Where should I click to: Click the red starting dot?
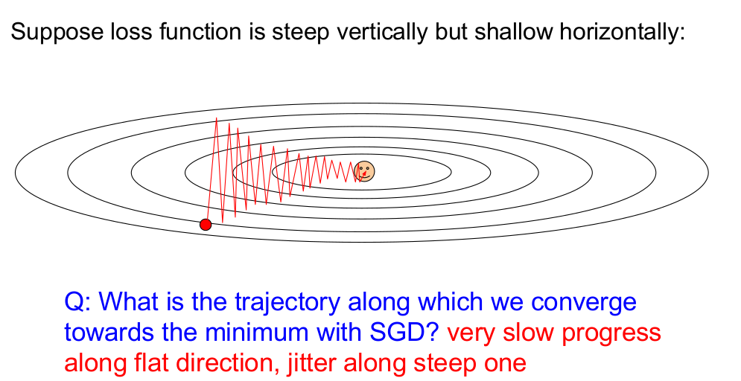point(206,225)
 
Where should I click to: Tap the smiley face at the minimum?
point(364,171)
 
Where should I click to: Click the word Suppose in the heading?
point(50,33)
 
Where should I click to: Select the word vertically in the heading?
point(379,33)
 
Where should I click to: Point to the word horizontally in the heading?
point(622,32)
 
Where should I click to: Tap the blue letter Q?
point(74,302)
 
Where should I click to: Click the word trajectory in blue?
point(287,303)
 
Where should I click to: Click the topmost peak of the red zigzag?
point(217,118)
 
